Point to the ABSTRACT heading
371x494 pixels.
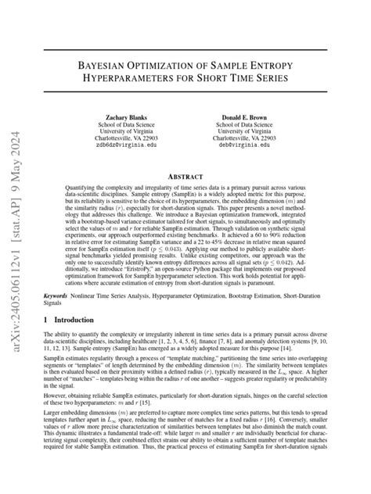point(185,177)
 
